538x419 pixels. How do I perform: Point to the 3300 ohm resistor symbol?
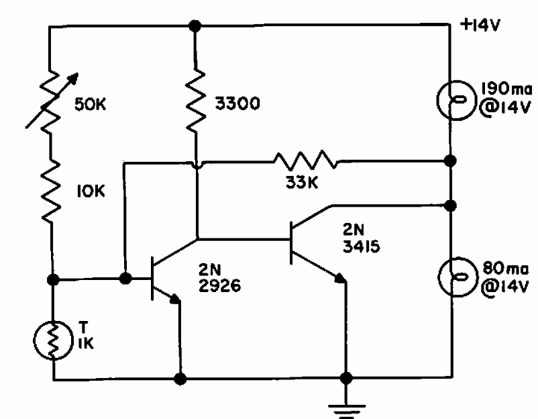(x=195, y=102)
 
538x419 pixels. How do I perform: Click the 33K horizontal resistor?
(x=304, y=161)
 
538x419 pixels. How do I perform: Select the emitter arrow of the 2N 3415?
(x=339, y=276)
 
